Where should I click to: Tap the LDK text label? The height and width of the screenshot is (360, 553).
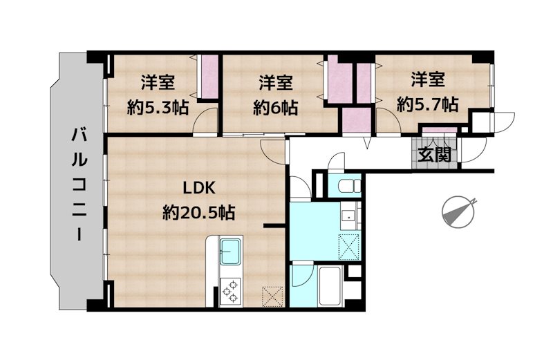pos(199,189)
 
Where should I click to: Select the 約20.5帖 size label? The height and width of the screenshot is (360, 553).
pos(199,213)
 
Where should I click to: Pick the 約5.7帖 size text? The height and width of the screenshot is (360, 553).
pos(427,104)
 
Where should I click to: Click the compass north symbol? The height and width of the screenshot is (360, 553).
pos(458,212)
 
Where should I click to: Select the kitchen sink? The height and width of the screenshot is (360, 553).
pos(230,252)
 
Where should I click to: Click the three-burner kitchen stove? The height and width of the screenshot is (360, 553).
pos(230,291)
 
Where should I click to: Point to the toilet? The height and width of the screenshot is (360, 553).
pos(349,186)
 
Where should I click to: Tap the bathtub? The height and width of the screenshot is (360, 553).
pos(330,286)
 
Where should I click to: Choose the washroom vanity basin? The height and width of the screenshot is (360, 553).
pos(349,216)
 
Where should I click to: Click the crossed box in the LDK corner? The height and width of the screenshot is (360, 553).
pos(272,296)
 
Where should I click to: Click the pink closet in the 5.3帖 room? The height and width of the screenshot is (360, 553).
pos(209,77)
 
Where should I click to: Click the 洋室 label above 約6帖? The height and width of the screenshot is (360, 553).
pos(275,83)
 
